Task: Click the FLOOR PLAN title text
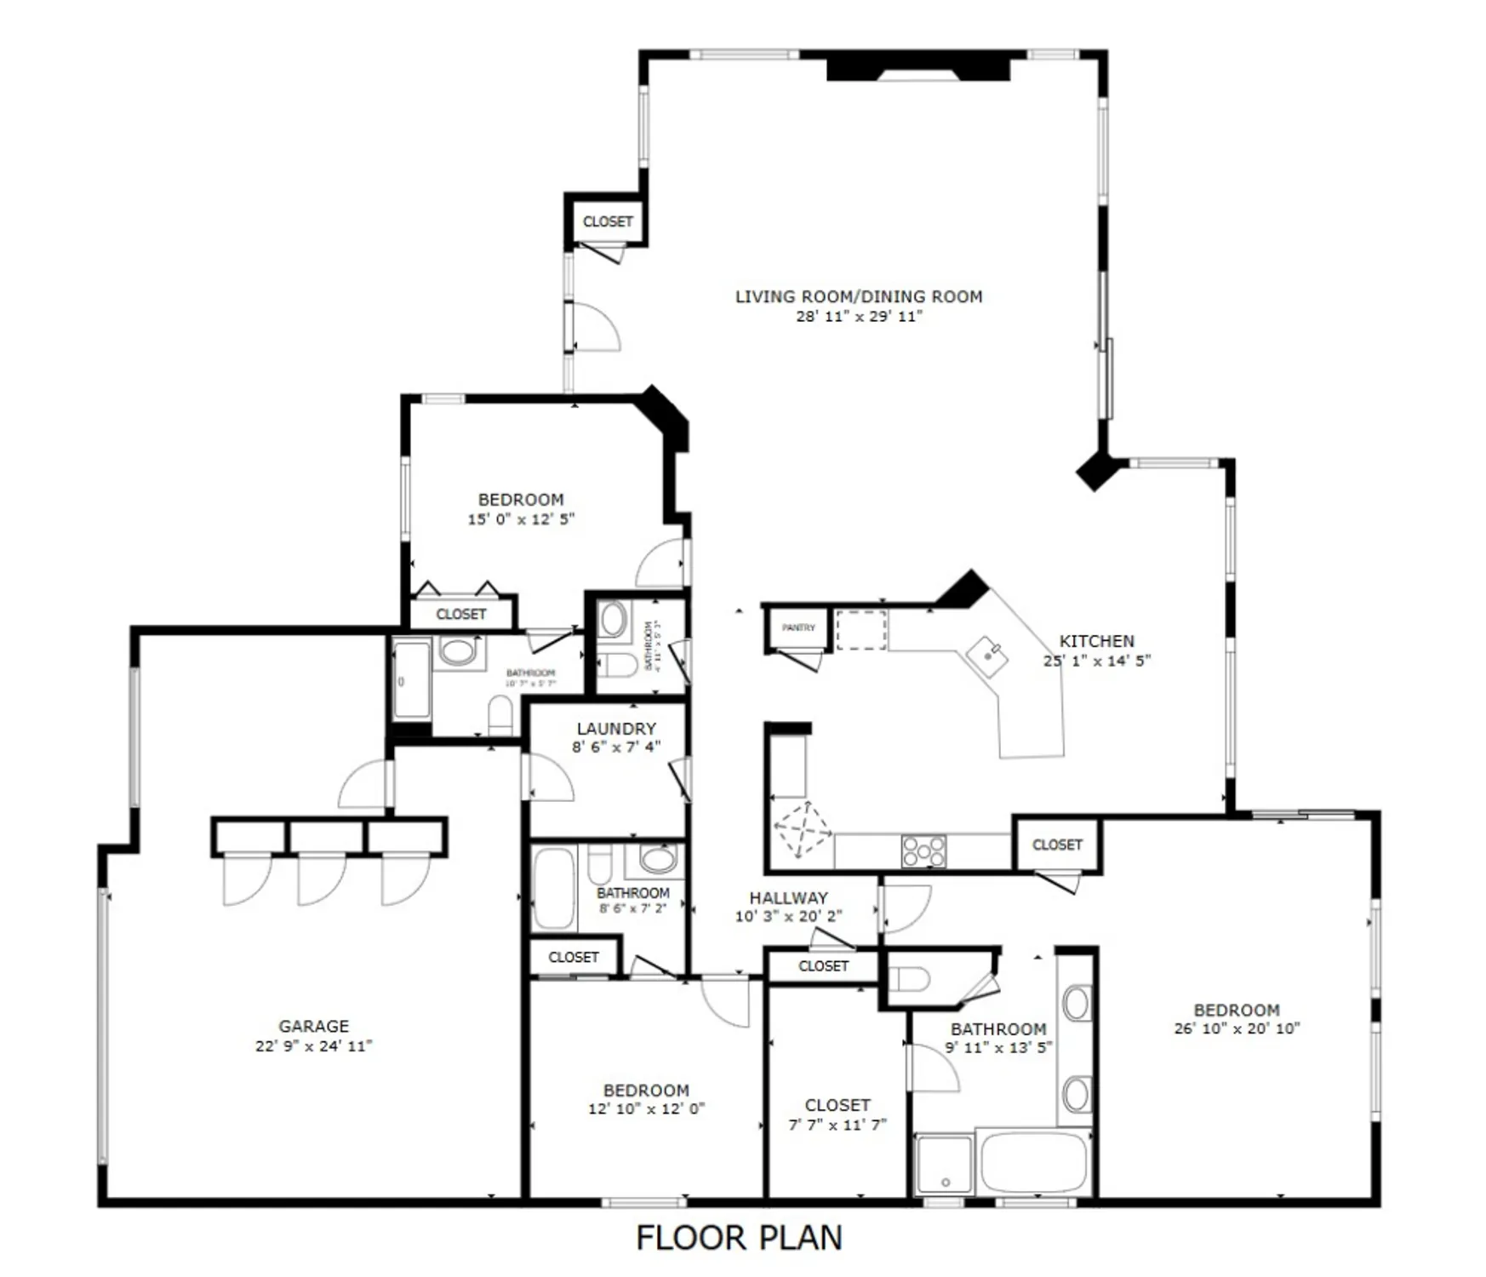tap(739, 1237)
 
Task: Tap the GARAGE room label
tap(313, 1026)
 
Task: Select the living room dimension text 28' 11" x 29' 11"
tap(859, 317)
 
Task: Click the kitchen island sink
tap(988, 656)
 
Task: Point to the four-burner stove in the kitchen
tap(923, 850)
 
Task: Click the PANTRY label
tap(798, 627)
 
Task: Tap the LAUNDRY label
tap(616, 729)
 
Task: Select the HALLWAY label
tap(788, 897)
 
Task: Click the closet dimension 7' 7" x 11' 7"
tap(837, 1125)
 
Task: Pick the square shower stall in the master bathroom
tap(944, 1164)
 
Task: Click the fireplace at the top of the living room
tap(918, 67)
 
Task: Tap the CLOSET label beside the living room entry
tap(608, 221)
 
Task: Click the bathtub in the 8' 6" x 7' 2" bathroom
tap(553, 888)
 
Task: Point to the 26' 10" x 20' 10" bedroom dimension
tap(1237, 1028)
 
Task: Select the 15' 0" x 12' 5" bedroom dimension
tap(521, 519)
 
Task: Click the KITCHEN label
tap(1096, 641)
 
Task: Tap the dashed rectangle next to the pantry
tap(860, 630)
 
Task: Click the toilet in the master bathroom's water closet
tap(909, 979)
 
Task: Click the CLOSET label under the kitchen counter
tap(1057, 845)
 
